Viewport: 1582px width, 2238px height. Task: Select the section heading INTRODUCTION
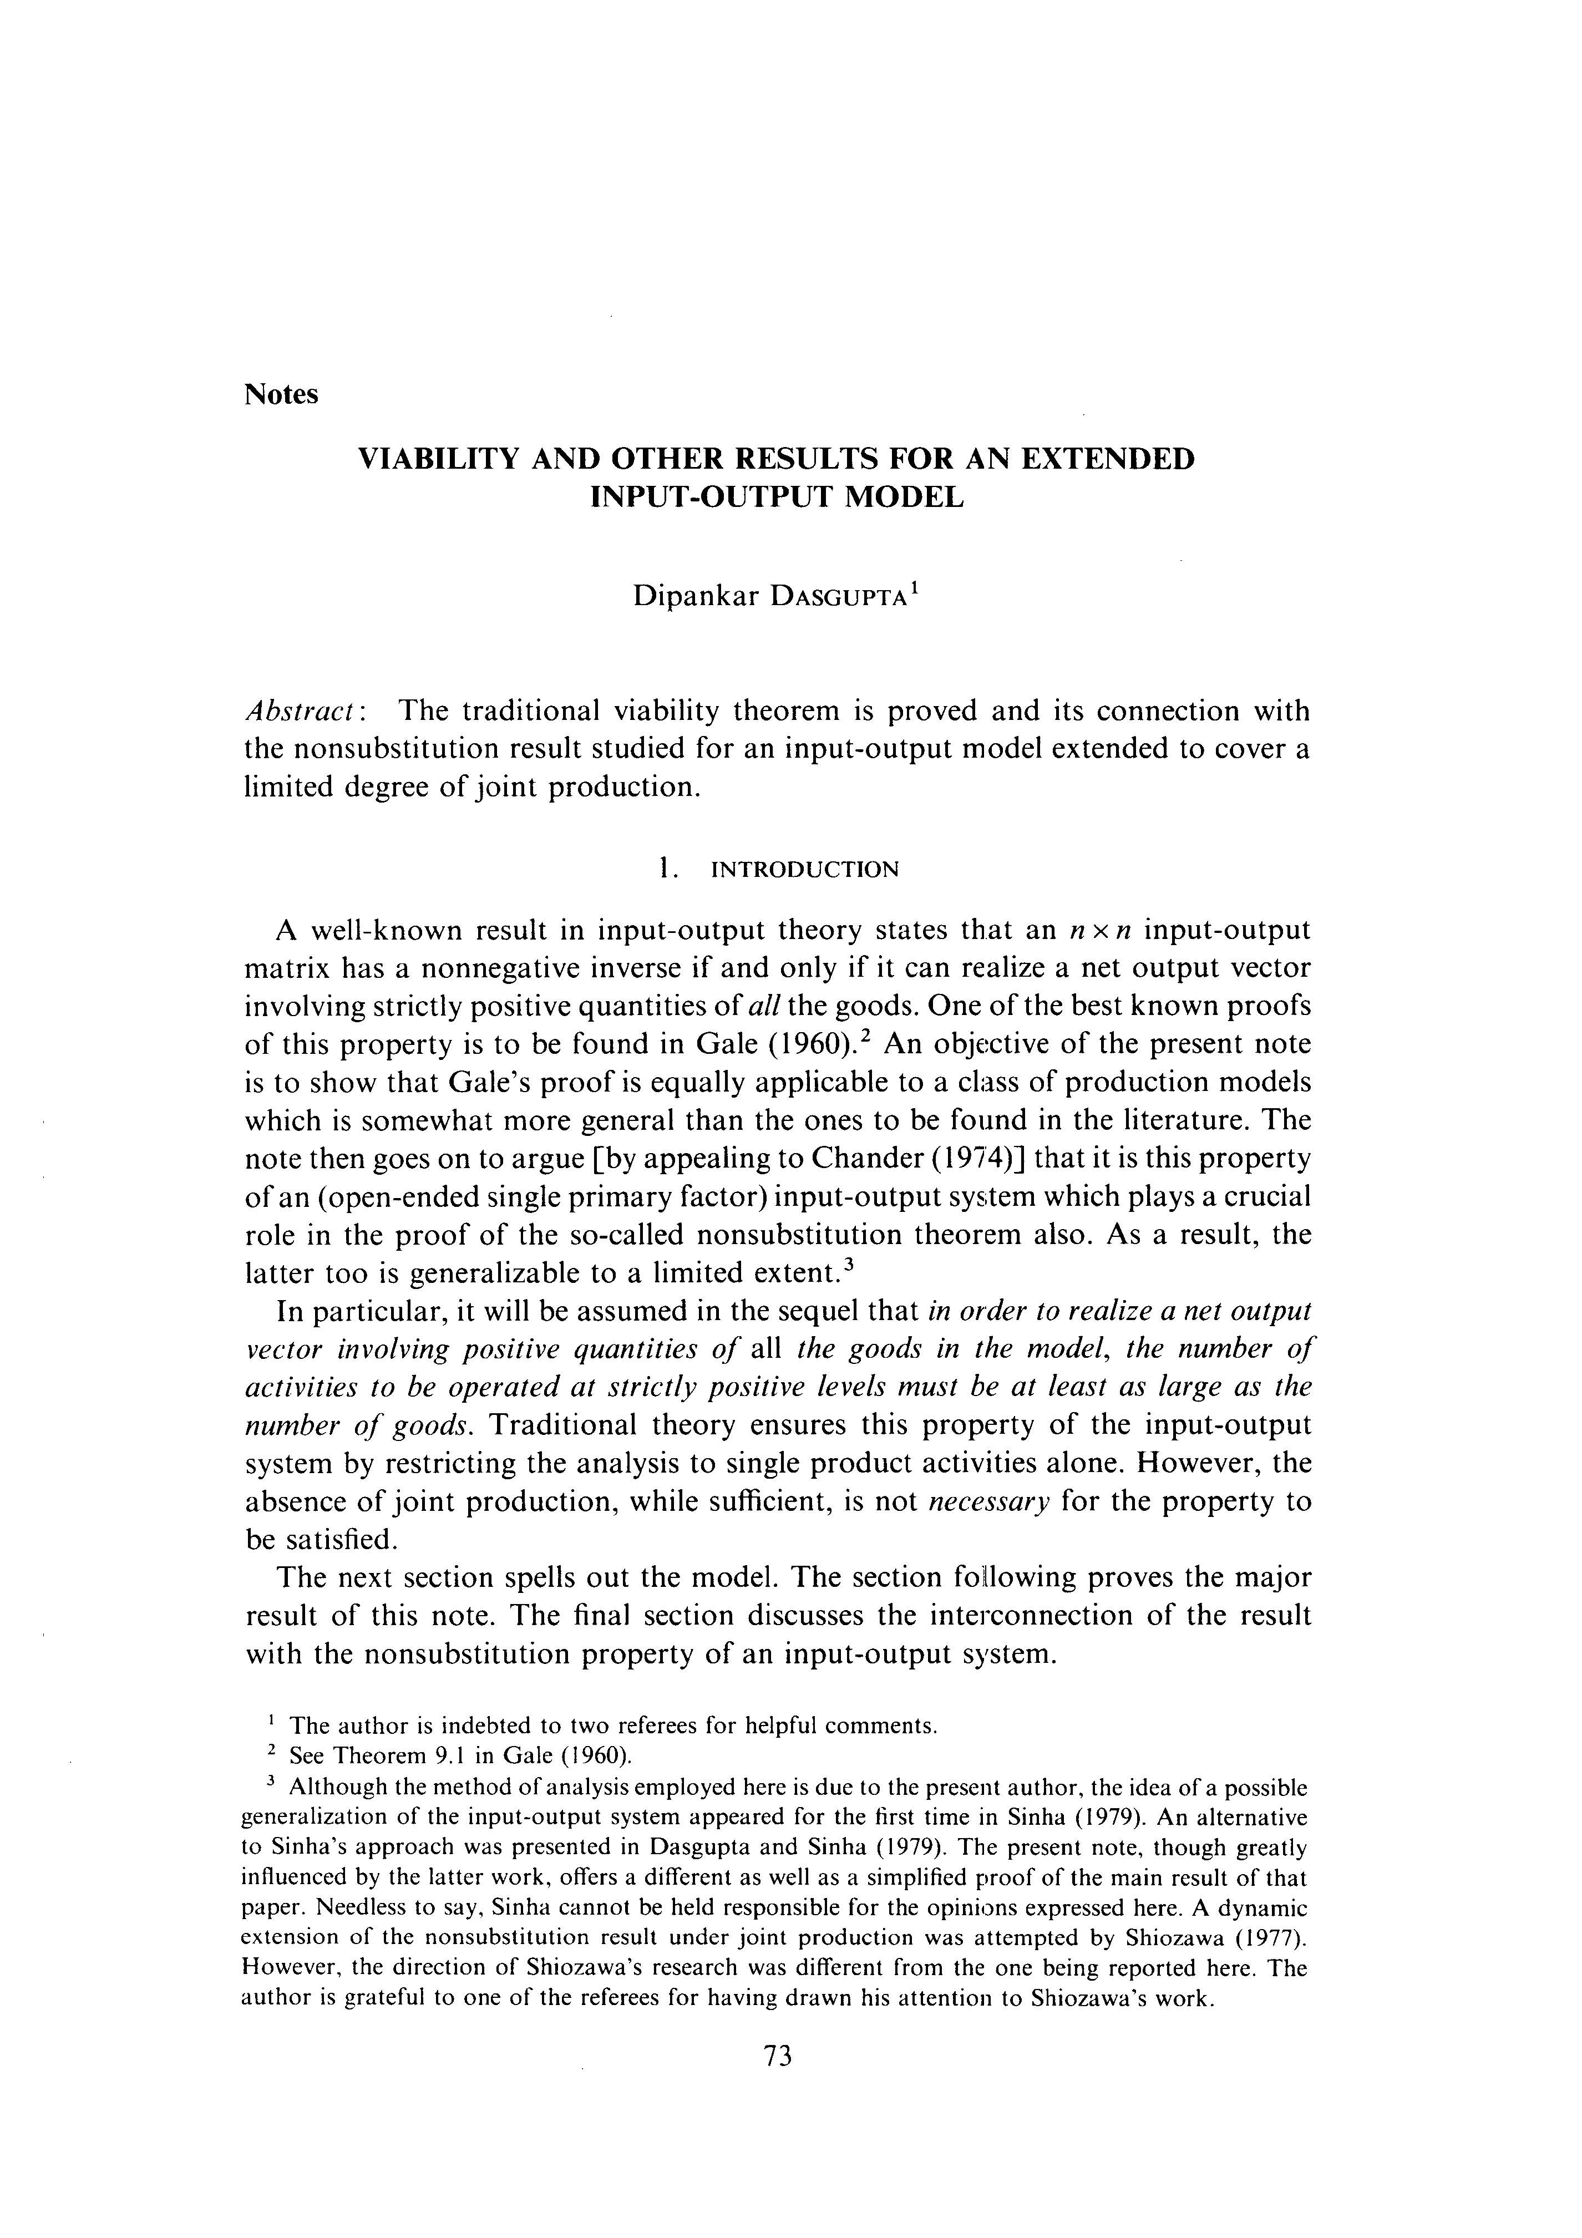click(x=805, y=870)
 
